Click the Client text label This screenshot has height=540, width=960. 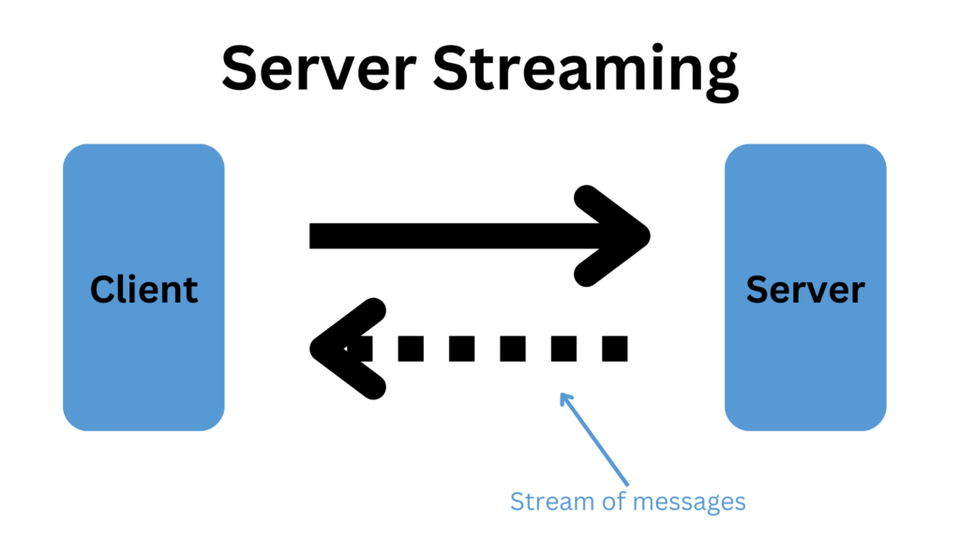(143, 289)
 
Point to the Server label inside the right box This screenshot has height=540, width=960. (805, 289)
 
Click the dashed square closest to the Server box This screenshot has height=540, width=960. (613, 348)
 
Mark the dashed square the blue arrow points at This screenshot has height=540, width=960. (562, 348)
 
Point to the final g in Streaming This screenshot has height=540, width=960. (720, 77)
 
